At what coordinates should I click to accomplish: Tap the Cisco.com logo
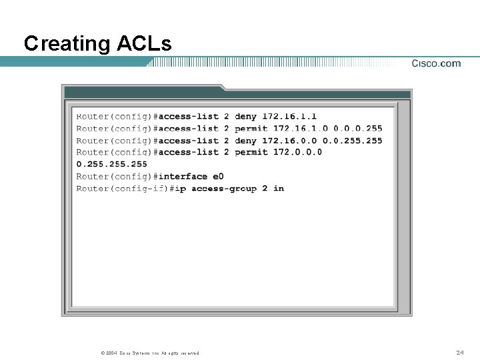point(436,63)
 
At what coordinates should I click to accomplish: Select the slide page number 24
point(460,352)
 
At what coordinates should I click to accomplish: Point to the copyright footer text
point(149,353)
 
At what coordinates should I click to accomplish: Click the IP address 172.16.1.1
point(289,117)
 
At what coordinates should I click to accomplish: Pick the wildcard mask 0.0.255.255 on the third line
point(353,141)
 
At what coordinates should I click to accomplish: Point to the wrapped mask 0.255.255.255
point(111,164)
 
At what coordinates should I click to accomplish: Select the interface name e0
point(219,177)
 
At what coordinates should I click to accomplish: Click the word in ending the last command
point(279,189)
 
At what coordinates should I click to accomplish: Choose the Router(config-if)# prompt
point(124,189)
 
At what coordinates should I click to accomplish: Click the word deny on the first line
point(245,117)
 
